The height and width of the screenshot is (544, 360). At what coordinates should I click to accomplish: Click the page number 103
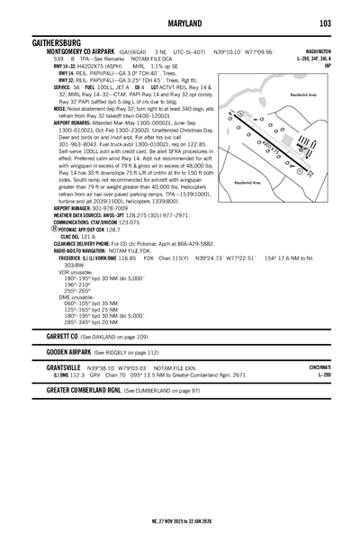[325, 23]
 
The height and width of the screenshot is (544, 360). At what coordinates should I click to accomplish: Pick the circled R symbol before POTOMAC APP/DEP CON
[55, 229]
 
